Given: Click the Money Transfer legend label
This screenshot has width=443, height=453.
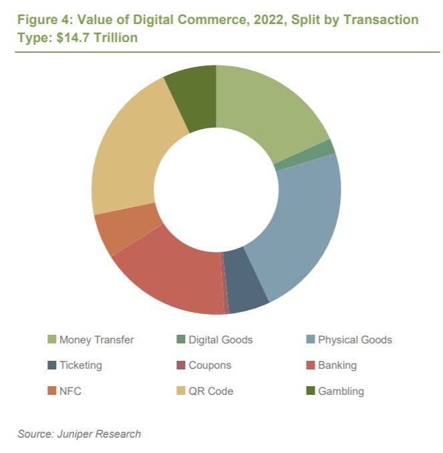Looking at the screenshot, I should (x=96, y=339).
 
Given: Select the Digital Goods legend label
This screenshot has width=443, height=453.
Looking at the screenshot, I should (x=220, y=339).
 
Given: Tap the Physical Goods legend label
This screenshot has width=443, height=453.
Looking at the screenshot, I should (x=355, y=339).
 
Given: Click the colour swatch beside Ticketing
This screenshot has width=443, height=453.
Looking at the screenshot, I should (x=51, y=365).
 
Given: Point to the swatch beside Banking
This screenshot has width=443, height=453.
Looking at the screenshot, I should (x=310, y=365).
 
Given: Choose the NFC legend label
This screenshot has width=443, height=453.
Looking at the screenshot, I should (x=70, y=391).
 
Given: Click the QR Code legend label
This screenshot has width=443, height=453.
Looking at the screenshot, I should (x=211, y=391).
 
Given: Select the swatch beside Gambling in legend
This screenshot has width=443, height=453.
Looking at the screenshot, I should (x=310, y=391).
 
